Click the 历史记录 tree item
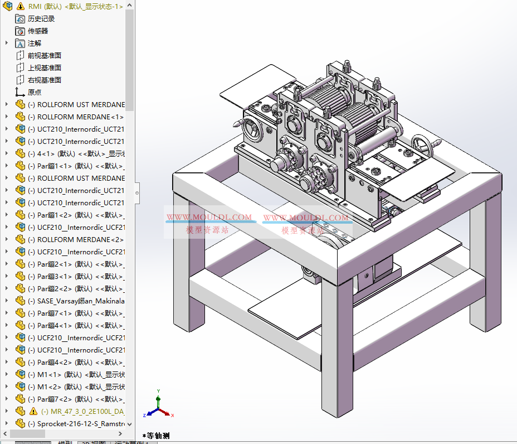click(41, 18)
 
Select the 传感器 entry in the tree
click(38, 31)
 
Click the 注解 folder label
click(35, 43)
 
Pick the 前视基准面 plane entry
click(45, 55)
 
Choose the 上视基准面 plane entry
click(45, 67)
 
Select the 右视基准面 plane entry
click(45, 80)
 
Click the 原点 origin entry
click(35, 92)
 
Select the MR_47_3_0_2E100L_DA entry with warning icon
click(83, 411)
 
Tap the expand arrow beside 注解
click(7, 43)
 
